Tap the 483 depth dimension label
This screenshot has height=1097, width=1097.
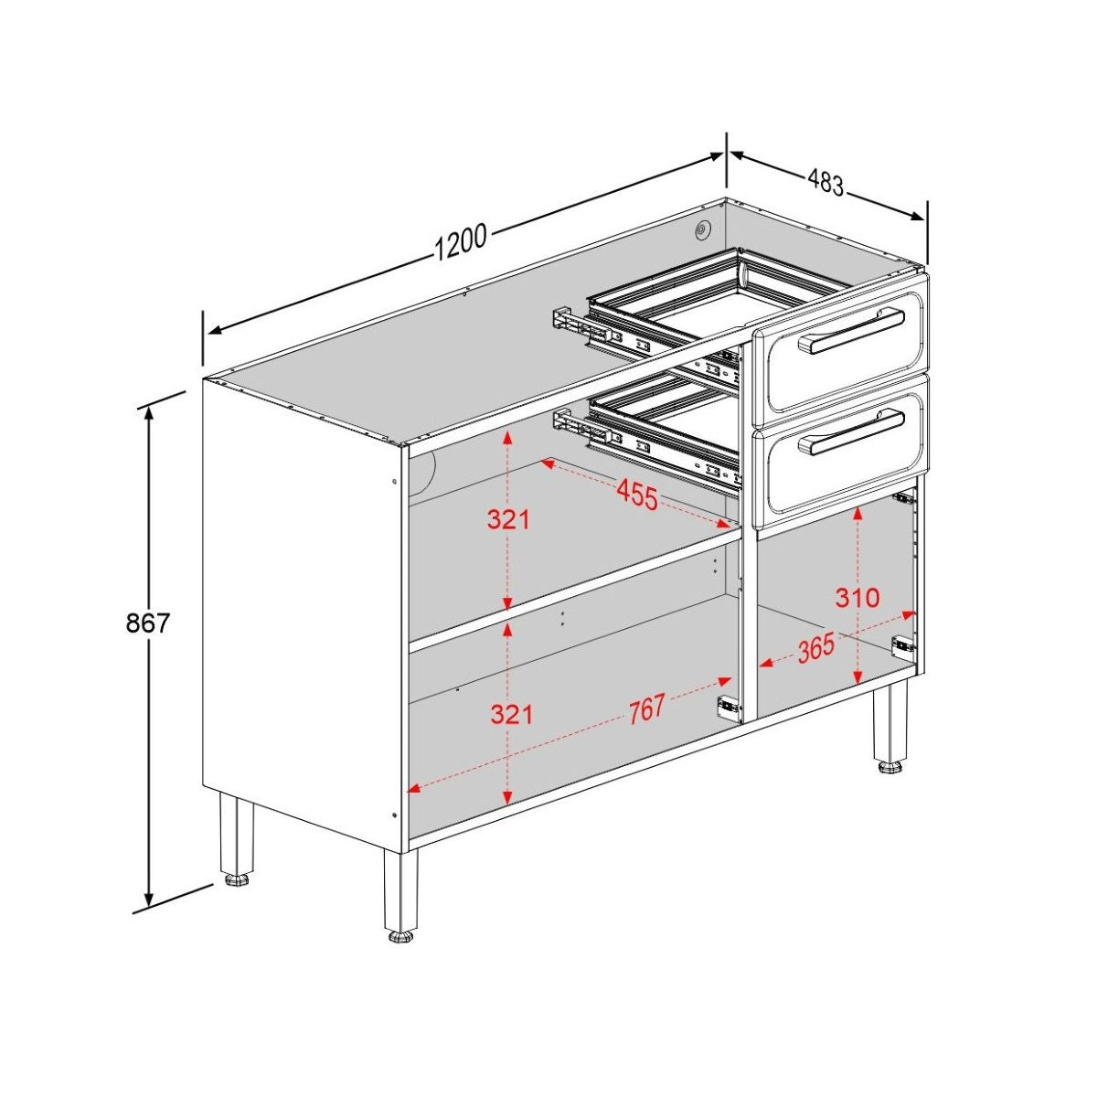825,183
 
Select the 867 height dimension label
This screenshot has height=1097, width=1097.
147,623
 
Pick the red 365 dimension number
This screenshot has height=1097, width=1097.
815,648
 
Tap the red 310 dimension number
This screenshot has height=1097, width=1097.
857,599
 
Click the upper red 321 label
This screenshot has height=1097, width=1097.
508,520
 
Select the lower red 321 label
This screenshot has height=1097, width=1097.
511,713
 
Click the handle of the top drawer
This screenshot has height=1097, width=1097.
852,329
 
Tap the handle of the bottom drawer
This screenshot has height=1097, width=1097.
852,431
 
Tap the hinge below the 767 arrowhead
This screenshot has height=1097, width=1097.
728,705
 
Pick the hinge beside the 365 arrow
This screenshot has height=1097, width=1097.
901,644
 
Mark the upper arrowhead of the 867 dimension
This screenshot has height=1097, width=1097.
147,410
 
